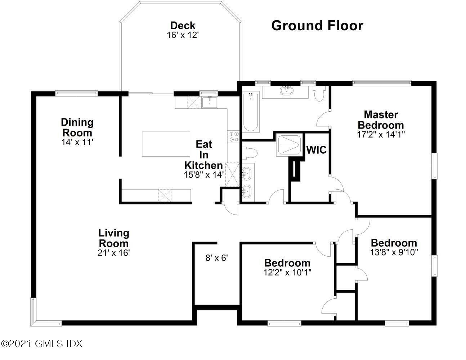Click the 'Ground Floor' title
[x=317, y=26]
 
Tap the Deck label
[x=183, y=26]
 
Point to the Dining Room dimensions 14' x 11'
[x=77, y=142]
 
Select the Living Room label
[x=114, y=238]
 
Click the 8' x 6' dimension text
[x=216, y=258]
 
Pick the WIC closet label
[x=316, y=150]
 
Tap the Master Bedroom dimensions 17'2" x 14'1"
[x=381, y=134]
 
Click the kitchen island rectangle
[x=166, y=144]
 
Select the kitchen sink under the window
[x=210, y=102]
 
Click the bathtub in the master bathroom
[x=251, y=112]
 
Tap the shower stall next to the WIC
[x=290, y=145]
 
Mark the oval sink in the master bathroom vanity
[x=286, y=90]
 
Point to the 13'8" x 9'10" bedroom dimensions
[x=394, y=252]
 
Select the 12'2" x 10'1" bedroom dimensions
[x=287, y=273]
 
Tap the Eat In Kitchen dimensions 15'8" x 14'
[x=204, y=175]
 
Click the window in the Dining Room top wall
[x=77, y=94]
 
